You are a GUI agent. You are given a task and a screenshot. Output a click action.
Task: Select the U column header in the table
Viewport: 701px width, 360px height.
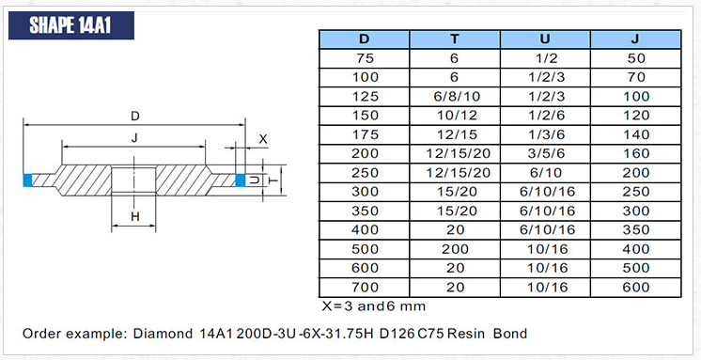coord(544,39)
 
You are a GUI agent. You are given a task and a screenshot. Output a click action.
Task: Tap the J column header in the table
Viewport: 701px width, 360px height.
coord(634,39)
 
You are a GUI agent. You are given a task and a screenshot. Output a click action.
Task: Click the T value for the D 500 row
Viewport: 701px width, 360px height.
coord(455,250)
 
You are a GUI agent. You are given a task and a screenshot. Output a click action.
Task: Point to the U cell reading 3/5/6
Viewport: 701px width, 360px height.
coord(544,153)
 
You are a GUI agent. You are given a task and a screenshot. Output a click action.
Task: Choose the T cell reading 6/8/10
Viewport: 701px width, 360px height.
coord(455,96)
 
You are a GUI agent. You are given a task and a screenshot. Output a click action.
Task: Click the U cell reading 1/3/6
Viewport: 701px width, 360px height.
coord(544,134)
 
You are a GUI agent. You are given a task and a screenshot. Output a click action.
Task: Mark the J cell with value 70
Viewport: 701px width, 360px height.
coord(634,77)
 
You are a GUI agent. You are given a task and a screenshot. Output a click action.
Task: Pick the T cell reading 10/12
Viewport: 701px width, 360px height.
coord(455,116)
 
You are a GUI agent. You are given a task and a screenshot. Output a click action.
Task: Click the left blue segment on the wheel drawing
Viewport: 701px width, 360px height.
coord(28,180)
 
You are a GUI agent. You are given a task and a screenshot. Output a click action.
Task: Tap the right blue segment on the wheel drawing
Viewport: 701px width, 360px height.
coord(241,180)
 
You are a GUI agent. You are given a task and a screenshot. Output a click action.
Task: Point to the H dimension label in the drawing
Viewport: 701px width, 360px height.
coord(134,217)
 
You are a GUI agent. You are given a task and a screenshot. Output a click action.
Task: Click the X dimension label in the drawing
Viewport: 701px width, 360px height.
coord(263,139)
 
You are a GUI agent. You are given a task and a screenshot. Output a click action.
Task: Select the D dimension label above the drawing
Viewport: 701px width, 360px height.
coord(135,117)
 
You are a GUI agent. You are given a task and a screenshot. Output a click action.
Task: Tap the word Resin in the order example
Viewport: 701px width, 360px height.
coord(468,334)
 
